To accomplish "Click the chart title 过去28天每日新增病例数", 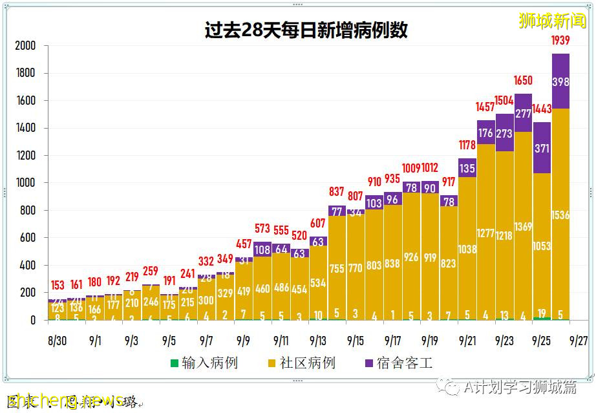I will point(306,30).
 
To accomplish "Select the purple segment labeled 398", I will point(560,81).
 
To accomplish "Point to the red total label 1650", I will point(523,81).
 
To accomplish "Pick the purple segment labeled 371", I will point(542,148).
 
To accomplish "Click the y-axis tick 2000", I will point(25,46).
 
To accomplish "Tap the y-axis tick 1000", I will point(25,183).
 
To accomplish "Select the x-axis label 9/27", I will point(579,339).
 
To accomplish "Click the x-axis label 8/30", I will point(58,339).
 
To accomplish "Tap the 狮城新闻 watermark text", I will point(553,21).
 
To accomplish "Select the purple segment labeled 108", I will point(262,250).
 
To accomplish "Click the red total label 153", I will point(58,285).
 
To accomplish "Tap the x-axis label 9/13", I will point(318,339).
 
